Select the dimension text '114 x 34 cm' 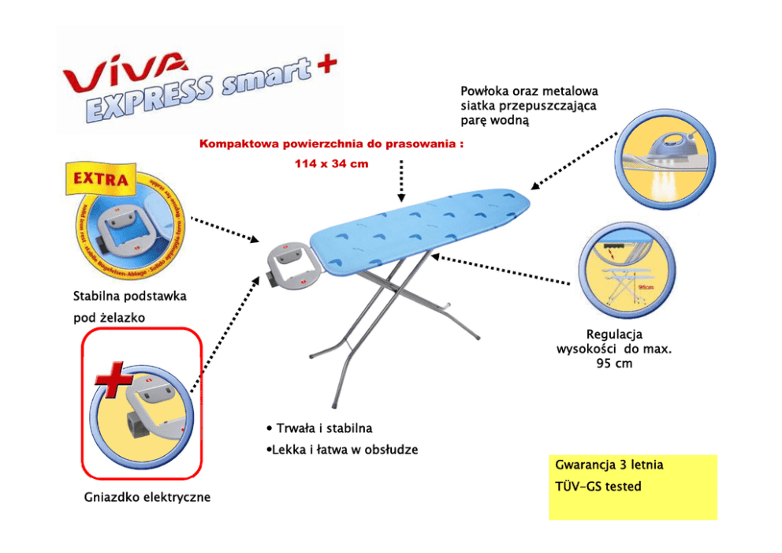(x=330, y=163)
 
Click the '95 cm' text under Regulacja (x=614, y=364)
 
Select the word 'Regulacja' (x=614, y=334)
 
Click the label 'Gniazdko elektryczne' (x=147, y=498)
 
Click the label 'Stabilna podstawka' (x=130, y=297)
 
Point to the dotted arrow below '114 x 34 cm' (x=401, y=181)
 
